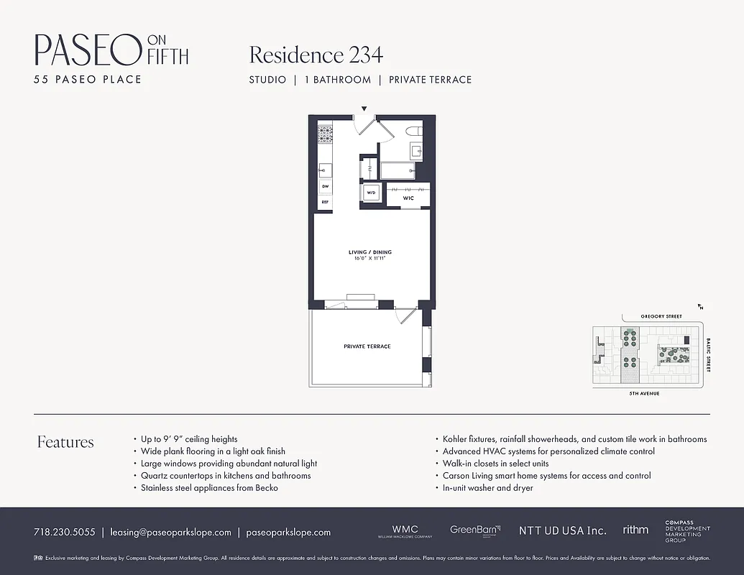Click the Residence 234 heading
(316, 55)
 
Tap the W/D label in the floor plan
(372, 193)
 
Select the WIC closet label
(408, 198)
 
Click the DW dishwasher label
(325, 186)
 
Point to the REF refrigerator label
(325, 202)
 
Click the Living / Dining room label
(370, 252)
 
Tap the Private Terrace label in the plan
(367, 346)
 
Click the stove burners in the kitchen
(325, 134)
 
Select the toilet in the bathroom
(414, 131)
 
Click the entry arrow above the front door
(364, 109)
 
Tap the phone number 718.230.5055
(64, 533)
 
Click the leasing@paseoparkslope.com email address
(170, 533)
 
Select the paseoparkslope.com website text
(288, 533)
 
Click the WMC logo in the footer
(405, 531)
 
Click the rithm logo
(635, 530)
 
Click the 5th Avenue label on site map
(644, 394)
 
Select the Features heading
(65, 442)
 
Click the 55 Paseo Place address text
(88, 79)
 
